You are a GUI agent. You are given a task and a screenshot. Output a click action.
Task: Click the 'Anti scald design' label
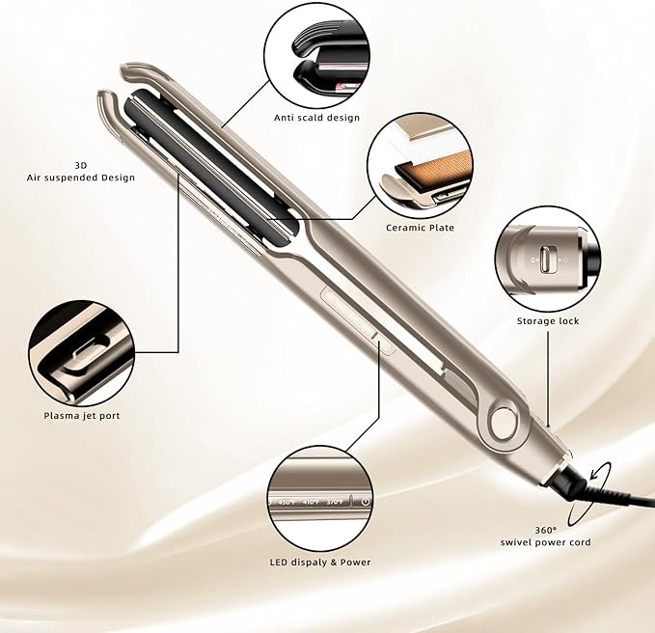coord(316,118)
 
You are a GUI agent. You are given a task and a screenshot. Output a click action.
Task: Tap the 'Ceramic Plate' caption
coord(420,228)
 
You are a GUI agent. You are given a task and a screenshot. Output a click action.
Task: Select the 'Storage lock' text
coord(547,320)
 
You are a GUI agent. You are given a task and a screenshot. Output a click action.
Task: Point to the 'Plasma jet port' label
coord(82,415)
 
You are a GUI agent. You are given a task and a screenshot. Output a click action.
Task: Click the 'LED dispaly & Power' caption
coord(321,562)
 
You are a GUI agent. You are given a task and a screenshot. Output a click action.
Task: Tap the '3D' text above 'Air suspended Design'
coord(80,164)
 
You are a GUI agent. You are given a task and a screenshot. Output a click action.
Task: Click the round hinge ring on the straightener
coord(502,421)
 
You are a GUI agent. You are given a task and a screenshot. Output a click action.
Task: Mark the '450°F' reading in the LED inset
coord(287,502)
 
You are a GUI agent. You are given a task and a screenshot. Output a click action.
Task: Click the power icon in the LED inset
coord(366,501)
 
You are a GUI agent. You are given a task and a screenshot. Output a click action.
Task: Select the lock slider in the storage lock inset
coord(547,261)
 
